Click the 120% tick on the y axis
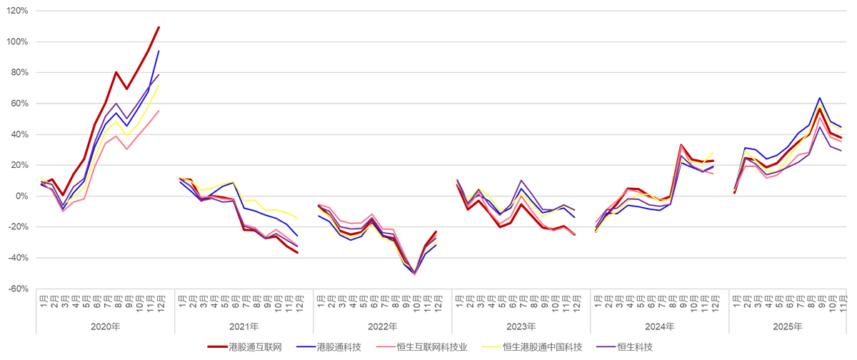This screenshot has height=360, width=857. click(19, 11)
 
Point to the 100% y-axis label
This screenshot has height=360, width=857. click(19, 42)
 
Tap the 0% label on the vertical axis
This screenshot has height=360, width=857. click(21, 196)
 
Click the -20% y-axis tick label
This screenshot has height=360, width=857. click(19, 226)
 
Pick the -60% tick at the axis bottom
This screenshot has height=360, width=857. click(19, 289)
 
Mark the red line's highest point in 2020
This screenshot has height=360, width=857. click(159, 26)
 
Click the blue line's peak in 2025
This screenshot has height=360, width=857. click(819, 98)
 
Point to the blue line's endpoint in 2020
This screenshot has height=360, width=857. click(159, 51)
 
